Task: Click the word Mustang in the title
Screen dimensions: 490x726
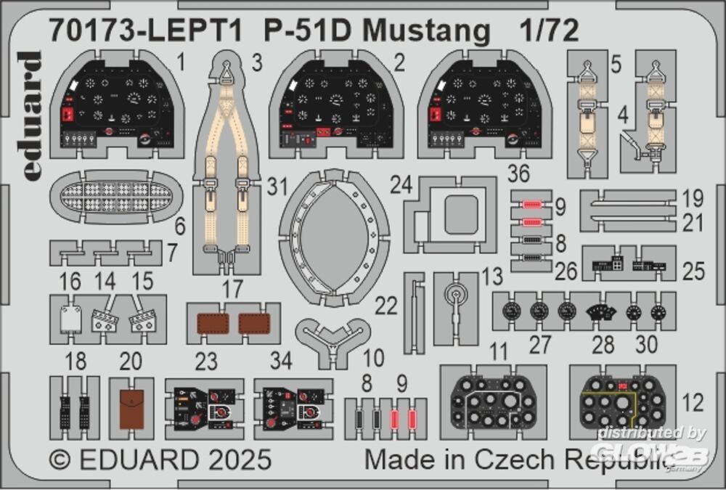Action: pos(425,31)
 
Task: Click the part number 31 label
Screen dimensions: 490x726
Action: pos(274,188)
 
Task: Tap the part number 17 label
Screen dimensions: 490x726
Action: pos(232,288)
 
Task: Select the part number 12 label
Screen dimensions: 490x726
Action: pos(694,401)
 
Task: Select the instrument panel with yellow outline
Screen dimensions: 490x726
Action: pos(622,401)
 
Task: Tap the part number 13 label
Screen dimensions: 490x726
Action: pos(492,277)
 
